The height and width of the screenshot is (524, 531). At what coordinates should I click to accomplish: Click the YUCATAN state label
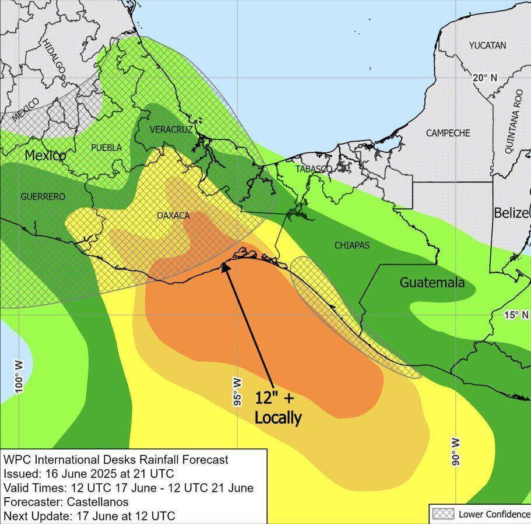(487, 45)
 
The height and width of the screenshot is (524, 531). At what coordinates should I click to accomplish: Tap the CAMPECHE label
(448, 133)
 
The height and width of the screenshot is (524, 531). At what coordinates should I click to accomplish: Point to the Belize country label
(512, 213)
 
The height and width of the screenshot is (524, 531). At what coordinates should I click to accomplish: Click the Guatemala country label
(432, 283)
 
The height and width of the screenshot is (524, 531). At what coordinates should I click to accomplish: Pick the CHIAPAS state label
(352, 245)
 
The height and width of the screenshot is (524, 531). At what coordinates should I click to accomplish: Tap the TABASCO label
(314, 169)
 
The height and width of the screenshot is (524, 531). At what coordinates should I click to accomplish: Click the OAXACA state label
(173, 215)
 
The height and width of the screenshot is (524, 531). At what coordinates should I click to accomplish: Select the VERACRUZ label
(171, 129)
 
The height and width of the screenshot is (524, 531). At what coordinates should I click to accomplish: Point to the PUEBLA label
(106, 147)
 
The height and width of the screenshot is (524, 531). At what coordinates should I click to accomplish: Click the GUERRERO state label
(43, 196)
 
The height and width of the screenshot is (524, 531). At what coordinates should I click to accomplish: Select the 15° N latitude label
(516, 315)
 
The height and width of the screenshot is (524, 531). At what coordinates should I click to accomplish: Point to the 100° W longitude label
(19, 377)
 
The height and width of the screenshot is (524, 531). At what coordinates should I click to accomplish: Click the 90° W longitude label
(456, 451)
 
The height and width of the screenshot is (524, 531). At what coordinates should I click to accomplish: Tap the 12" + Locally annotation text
(277, 407)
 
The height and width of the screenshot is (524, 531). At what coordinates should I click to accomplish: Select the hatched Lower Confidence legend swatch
(442, 514)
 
